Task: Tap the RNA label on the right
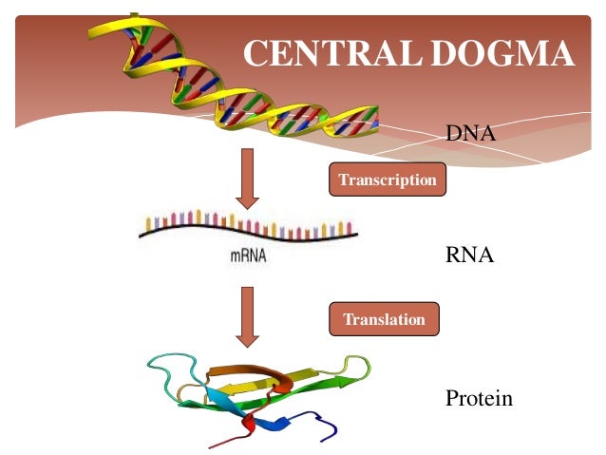click(469, 256)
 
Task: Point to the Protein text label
click(479, 398)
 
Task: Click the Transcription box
click(388, 180)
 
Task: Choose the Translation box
click(384, 319)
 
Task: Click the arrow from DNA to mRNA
click(247, 178)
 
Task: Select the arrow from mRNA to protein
click(247, 314)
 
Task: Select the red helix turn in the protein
click(250, 420)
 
